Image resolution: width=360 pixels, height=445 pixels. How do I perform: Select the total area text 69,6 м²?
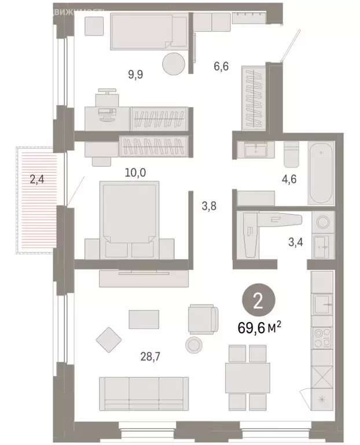[x=259, y=327]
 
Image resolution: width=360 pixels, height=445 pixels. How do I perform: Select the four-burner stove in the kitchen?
[x=322, y=338]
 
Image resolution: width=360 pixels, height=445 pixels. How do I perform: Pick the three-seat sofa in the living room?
[x=144, y=393]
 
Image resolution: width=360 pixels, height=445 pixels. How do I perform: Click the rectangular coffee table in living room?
[x=144, y=319]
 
